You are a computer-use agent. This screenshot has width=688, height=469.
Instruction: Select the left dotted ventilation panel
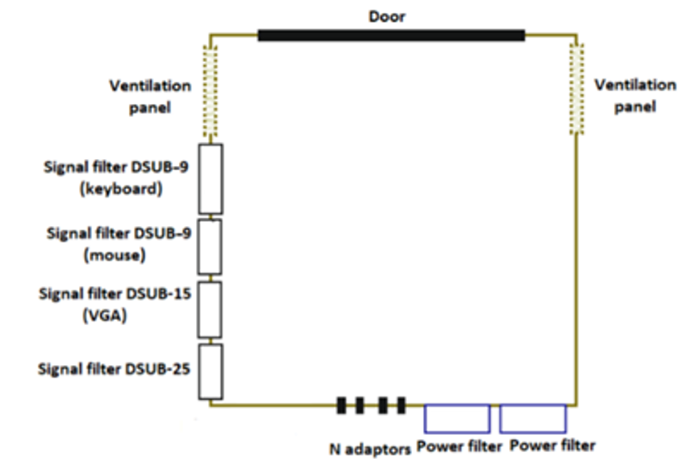[x=210, y=91]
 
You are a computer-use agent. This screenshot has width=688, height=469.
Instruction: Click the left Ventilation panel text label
[x=150, y=96]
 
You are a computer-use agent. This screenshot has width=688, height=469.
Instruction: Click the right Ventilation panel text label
[x=635, y=96]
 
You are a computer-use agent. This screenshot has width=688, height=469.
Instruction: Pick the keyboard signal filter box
[x=210, y=178]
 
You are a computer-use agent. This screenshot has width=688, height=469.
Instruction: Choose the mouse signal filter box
[x=210, y=246]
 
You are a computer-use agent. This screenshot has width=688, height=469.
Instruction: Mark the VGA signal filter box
[x=210, y=309]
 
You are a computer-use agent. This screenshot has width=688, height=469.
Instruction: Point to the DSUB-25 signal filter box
[x=210, y=371]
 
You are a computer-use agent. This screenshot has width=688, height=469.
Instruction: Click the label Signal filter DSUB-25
[x=115, y=369]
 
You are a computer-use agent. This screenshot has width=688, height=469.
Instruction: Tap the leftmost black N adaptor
[x=342, y=406]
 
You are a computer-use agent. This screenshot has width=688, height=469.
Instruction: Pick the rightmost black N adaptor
[x=401, y=406]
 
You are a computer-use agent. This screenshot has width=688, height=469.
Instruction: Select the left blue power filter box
[x=456, y=418]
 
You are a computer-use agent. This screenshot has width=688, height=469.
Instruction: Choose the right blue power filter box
[x=533, y=418]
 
